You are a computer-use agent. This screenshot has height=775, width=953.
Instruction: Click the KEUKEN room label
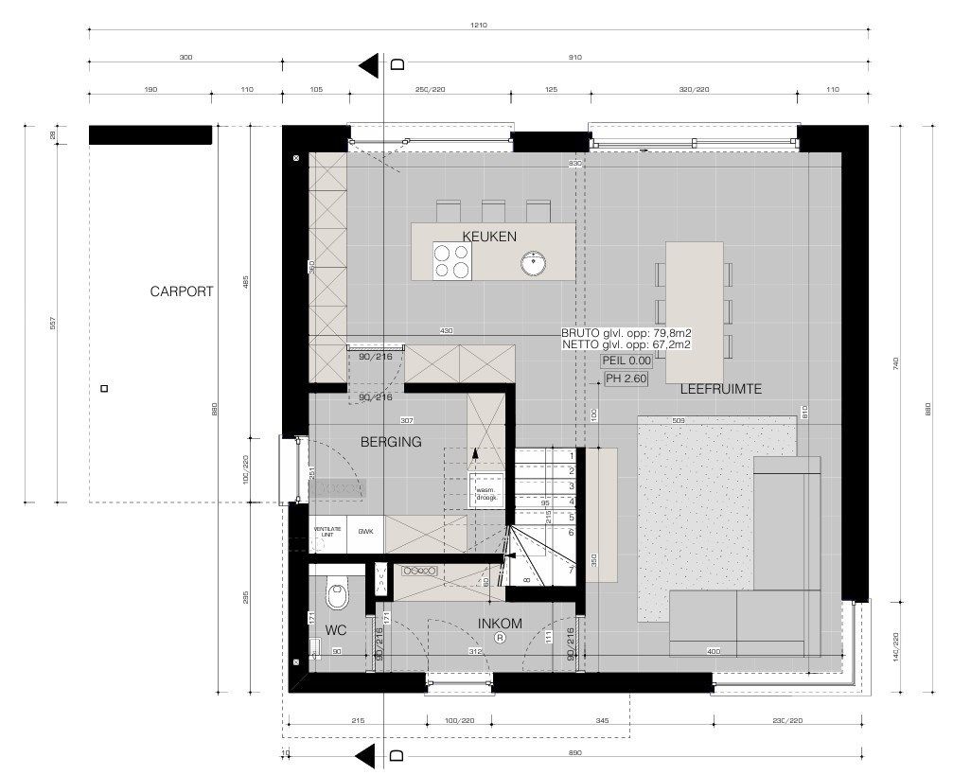coord(489,236)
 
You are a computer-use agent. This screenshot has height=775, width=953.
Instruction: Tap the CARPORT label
coord(182,291)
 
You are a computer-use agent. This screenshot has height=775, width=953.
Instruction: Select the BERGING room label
coord(390,441)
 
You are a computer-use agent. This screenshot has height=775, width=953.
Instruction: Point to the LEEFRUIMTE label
coord(720,389)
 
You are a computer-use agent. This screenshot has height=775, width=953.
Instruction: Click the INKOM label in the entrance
coord(500,623)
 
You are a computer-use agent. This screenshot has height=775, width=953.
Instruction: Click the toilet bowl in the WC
coord(336,594)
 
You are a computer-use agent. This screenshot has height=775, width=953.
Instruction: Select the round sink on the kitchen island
coord(535,263)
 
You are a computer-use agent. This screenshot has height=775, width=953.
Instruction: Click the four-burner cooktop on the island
coord(451,261)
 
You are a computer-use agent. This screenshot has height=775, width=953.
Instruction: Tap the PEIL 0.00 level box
coord(627,361)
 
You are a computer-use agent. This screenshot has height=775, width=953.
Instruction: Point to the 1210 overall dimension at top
coord(478,26)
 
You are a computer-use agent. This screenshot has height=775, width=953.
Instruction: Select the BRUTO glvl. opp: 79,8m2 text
coord(625,333)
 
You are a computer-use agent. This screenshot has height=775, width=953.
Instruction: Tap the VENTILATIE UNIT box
coord(326,532)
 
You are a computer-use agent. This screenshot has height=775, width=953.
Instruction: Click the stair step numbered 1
coord(572,454)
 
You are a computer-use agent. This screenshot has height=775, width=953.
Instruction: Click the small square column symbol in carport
coord(104,388)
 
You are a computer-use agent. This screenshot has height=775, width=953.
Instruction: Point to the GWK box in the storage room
coord(365,532)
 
